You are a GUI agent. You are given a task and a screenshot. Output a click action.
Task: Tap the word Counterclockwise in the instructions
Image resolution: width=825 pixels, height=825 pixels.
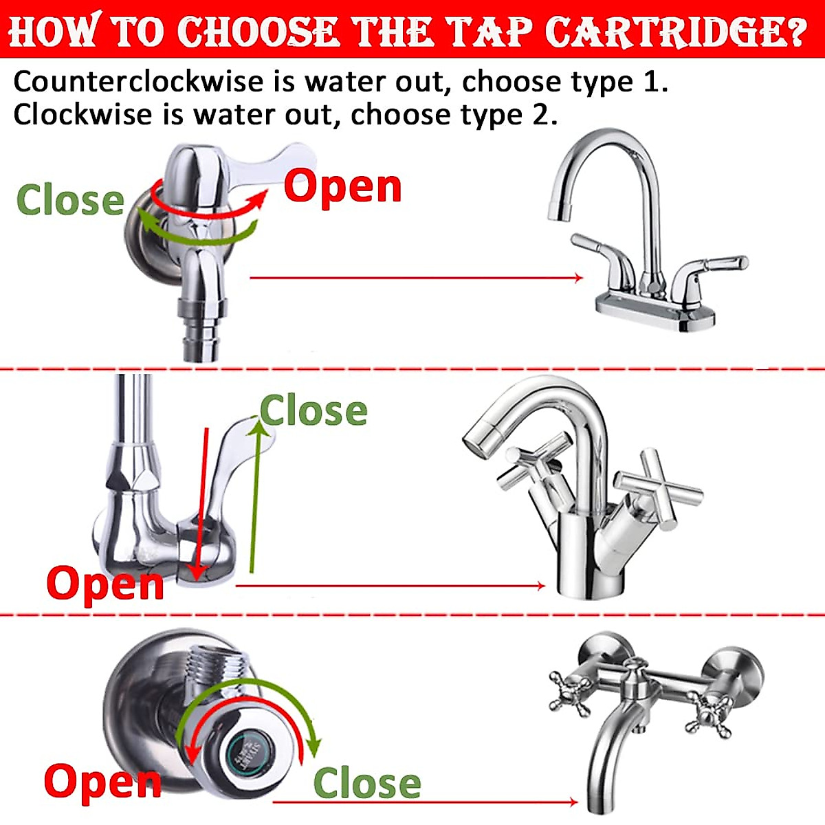tap(137, 82)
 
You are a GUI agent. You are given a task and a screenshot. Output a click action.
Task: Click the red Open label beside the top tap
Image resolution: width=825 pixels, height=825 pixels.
tap(342, 186)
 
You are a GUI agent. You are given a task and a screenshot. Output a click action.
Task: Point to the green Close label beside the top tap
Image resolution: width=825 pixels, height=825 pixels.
tap(70, 200)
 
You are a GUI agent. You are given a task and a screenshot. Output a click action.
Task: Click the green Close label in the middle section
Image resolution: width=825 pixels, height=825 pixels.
tap(313, 411)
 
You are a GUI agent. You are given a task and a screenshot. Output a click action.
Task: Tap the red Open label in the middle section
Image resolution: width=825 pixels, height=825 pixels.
tap(105, 584)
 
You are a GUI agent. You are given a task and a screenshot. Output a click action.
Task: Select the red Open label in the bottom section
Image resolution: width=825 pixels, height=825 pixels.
tap(102, 782)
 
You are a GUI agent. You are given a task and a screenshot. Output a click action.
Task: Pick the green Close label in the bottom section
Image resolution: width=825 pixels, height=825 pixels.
tap(367, 784)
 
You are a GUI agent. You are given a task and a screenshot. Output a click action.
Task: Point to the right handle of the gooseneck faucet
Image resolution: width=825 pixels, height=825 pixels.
tap(715, 265)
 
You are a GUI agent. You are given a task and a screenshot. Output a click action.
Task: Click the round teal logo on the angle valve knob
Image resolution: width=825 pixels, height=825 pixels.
tap(249, 752)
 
